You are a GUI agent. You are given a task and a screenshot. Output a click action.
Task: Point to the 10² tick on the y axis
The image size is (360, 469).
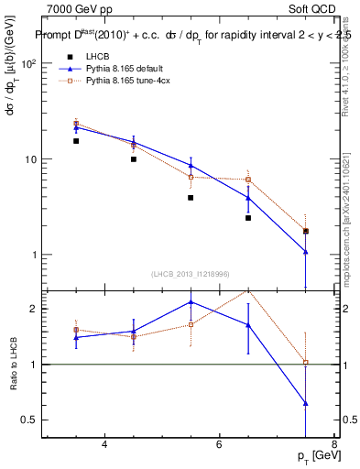click(x=28, y=64)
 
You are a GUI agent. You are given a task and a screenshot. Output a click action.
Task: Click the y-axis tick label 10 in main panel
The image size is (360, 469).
click(x=30, y=159)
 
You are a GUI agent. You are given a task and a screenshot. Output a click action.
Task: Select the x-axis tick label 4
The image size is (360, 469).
click(x=104, y=445)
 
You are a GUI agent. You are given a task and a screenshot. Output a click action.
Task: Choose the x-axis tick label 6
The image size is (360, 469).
click(x=219, y=445)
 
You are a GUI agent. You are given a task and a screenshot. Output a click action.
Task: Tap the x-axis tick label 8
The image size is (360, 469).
click(x=333, y=445)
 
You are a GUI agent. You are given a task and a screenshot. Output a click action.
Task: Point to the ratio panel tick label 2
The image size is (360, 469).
click(x=34, y=309)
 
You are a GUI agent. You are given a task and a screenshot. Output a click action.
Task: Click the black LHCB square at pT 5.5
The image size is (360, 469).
click(x=191, y=197)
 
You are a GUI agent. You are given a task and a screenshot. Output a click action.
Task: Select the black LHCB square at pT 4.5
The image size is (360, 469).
click(x=134, y=159)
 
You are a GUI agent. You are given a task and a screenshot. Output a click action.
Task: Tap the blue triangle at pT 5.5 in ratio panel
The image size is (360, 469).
click(x=191, y=301)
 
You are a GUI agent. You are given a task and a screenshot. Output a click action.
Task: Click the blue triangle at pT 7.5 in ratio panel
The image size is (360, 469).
click(x=305, y=403)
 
